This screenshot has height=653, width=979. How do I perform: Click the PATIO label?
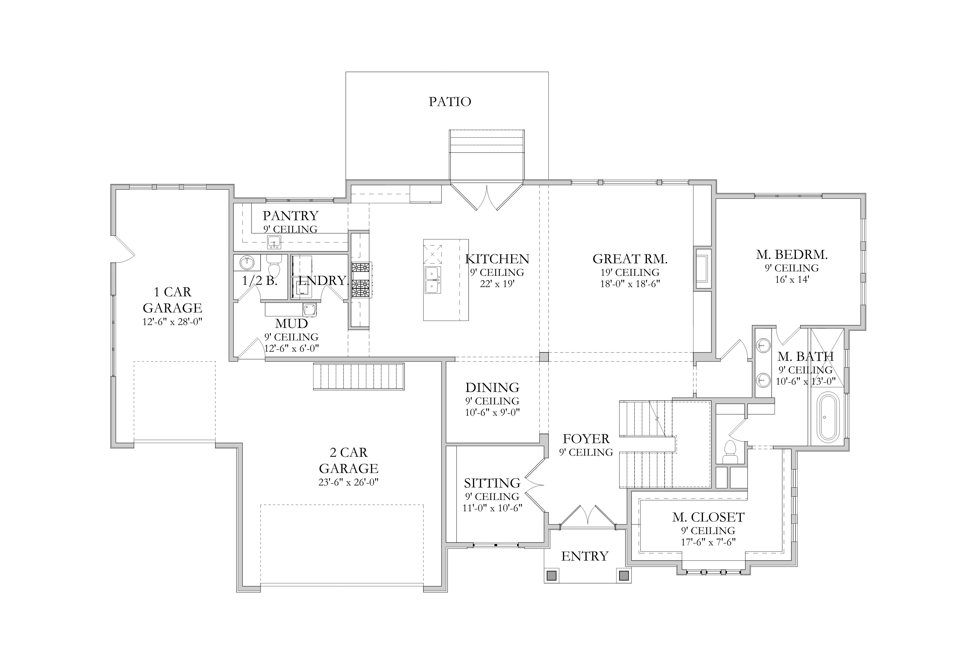pyautogui.click(x=450, y=102)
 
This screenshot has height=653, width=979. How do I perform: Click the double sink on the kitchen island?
pyautogui.click(x=433, y=280)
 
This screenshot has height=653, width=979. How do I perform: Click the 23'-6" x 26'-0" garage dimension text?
pyautogui.click(x=348, y=482)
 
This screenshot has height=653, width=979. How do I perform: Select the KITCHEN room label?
pyautogui.click(x=497, y=259)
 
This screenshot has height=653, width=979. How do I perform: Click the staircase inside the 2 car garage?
pyautogui.click(x=358, y=376)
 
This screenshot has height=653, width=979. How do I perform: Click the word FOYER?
pyautogui.click(x=586, y=439)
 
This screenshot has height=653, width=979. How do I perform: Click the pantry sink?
pyautogui.click(x=274, y=241)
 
